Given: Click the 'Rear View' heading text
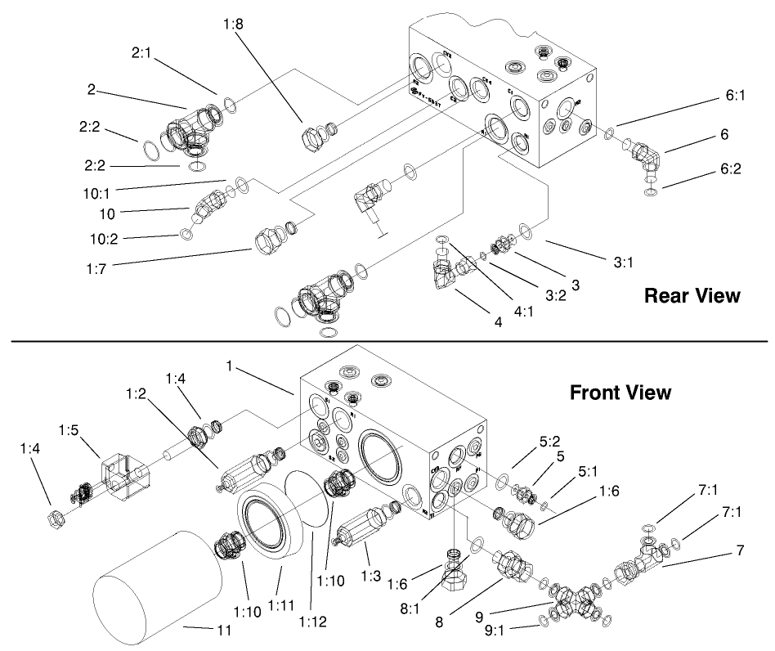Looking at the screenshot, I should coord(692,295).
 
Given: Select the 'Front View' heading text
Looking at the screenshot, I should coord(620,393).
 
